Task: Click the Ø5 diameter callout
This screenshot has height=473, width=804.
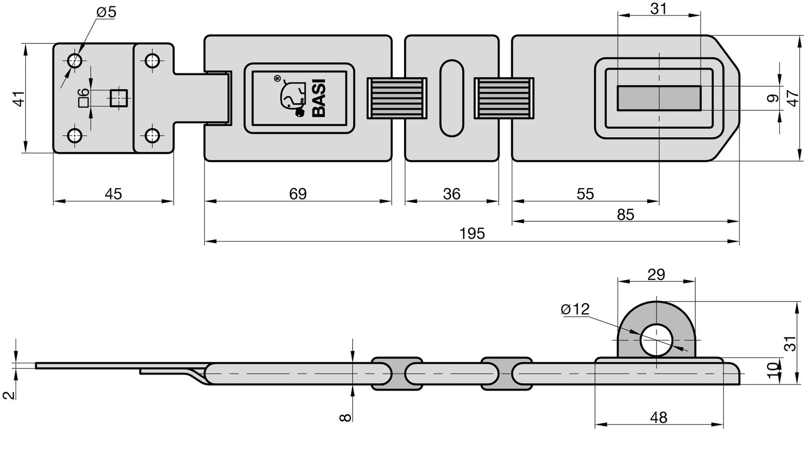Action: (x=106, y=12)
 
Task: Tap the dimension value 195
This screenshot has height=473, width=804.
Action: (x=472, y=234)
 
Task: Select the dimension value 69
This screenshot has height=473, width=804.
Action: (x=297, y=193)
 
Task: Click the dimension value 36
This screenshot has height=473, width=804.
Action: (x=451, y=193)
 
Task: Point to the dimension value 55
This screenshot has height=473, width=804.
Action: (x=585, y=193)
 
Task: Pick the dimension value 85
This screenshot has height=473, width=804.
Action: (x=625, y=214)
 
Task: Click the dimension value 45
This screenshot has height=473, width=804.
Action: (x=113, y=193)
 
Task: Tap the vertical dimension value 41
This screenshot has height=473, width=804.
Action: (x=19, y=99)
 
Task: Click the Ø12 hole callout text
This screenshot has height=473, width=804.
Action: (x=575, y=309)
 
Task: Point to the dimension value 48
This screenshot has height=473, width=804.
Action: (x=658, y=417)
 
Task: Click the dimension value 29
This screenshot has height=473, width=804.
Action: (x=656, y=275)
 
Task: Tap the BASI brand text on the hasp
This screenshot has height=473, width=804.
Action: (x=318, y=97)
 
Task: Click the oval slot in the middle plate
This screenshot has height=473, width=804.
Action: (x=451, y=97)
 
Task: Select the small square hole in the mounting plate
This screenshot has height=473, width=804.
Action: (x=118, y=98)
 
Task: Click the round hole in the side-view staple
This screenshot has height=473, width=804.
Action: (x=657, y=340)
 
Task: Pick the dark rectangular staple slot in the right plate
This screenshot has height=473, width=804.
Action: (x=659, y=98)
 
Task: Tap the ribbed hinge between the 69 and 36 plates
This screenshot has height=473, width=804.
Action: (x=397, y=98)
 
